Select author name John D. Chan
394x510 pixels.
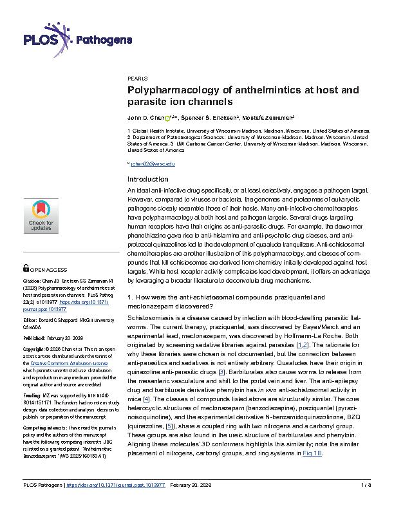coord(145,118)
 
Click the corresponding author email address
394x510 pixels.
coord(152,164)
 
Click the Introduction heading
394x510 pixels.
coord(148,179)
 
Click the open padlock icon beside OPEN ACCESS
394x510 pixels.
coord(25,267)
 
